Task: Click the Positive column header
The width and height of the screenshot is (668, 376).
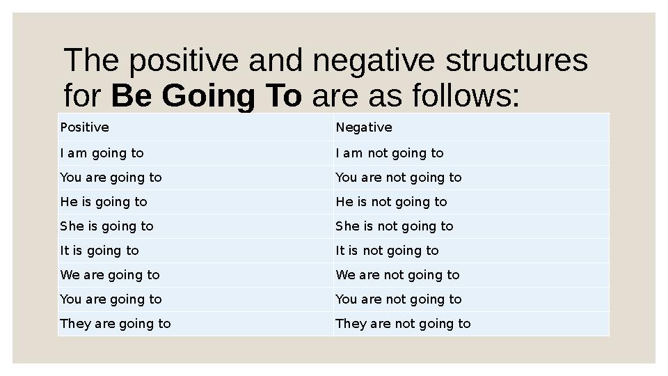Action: [85, 127]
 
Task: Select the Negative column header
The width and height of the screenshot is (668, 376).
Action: [364, 127]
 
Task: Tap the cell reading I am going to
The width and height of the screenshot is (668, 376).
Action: [102, 153]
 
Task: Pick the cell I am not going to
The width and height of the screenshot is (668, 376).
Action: [390, 153]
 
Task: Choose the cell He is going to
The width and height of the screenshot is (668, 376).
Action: [104, 202]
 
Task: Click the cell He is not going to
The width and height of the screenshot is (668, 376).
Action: [391, 202]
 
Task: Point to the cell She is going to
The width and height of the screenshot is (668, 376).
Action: [107, 226]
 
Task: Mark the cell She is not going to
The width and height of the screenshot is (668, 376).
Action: [395, 226]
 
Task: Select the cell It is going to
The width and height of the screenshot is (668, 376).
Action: [100, 251]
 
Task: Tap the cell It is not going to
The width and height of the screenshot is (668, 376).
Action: [387, 251]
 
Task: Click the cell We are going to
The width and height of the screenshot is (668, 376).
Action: [110, 275]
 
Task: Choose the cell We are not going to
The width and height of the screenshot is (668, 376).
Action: [397, 275]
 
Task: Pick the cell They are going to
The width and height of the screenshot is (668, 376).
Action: [116, 324]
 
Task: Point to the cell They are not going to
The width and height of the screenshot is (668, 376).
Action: [403, 324]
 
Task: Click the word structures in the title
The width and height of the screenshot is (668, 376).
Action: [516, 61]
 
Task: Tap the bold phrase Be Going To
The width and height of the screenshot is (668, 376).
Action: [207, 96]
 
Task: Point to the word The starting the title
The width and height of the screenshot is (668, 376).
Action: [93, 61]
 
